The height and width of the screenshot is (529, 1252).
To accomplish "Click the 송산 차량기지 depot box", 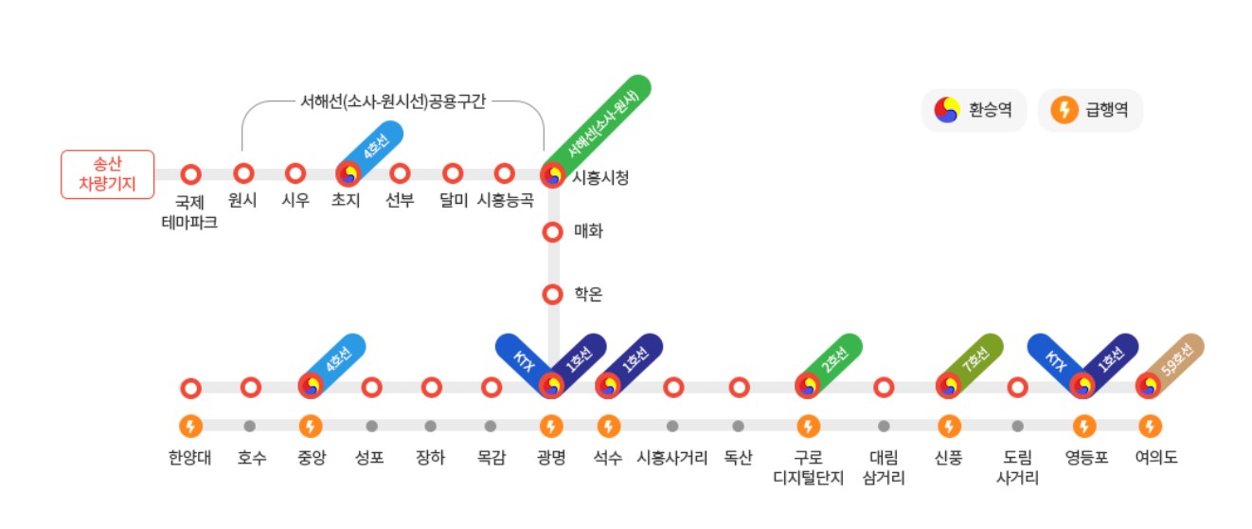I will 107,174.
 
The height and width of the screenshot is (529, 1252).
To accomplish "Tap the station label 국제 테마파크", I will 190,212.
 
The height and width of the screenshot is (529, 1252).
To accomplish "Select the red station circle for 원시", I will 243,173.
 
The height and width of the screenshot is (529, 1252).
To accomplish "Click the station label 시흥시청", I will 600,177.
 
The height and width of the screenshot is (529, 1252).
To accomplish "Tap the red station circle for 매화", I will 552,231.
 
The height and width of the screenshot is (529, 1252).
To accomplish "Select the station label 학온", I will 588,295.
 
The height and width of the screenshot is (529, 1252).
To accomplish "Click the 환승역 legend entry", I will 974,110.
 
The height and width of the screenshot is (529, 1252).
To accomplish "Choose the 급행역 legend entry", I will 1090,110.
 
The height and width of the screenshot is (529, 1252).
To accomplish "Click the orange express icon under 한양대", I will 190,427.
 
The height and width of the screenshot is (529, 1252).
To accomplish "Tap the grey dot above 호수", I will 250,427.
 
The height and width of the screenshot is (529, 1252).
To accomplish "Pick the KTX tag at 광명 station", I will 522,359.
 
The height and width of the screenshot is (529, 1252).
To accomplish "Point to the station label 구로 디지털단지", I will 808,467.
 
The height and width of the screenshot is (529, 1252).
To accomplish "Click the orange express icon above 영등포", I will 1084,427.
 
